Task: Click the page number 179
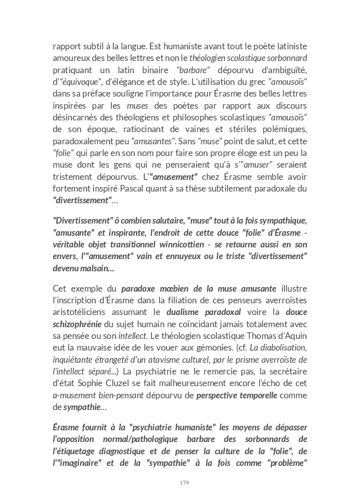point(184,483)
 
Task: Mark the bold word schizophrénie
point(77,324)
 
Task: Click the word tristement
point(73,176)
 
